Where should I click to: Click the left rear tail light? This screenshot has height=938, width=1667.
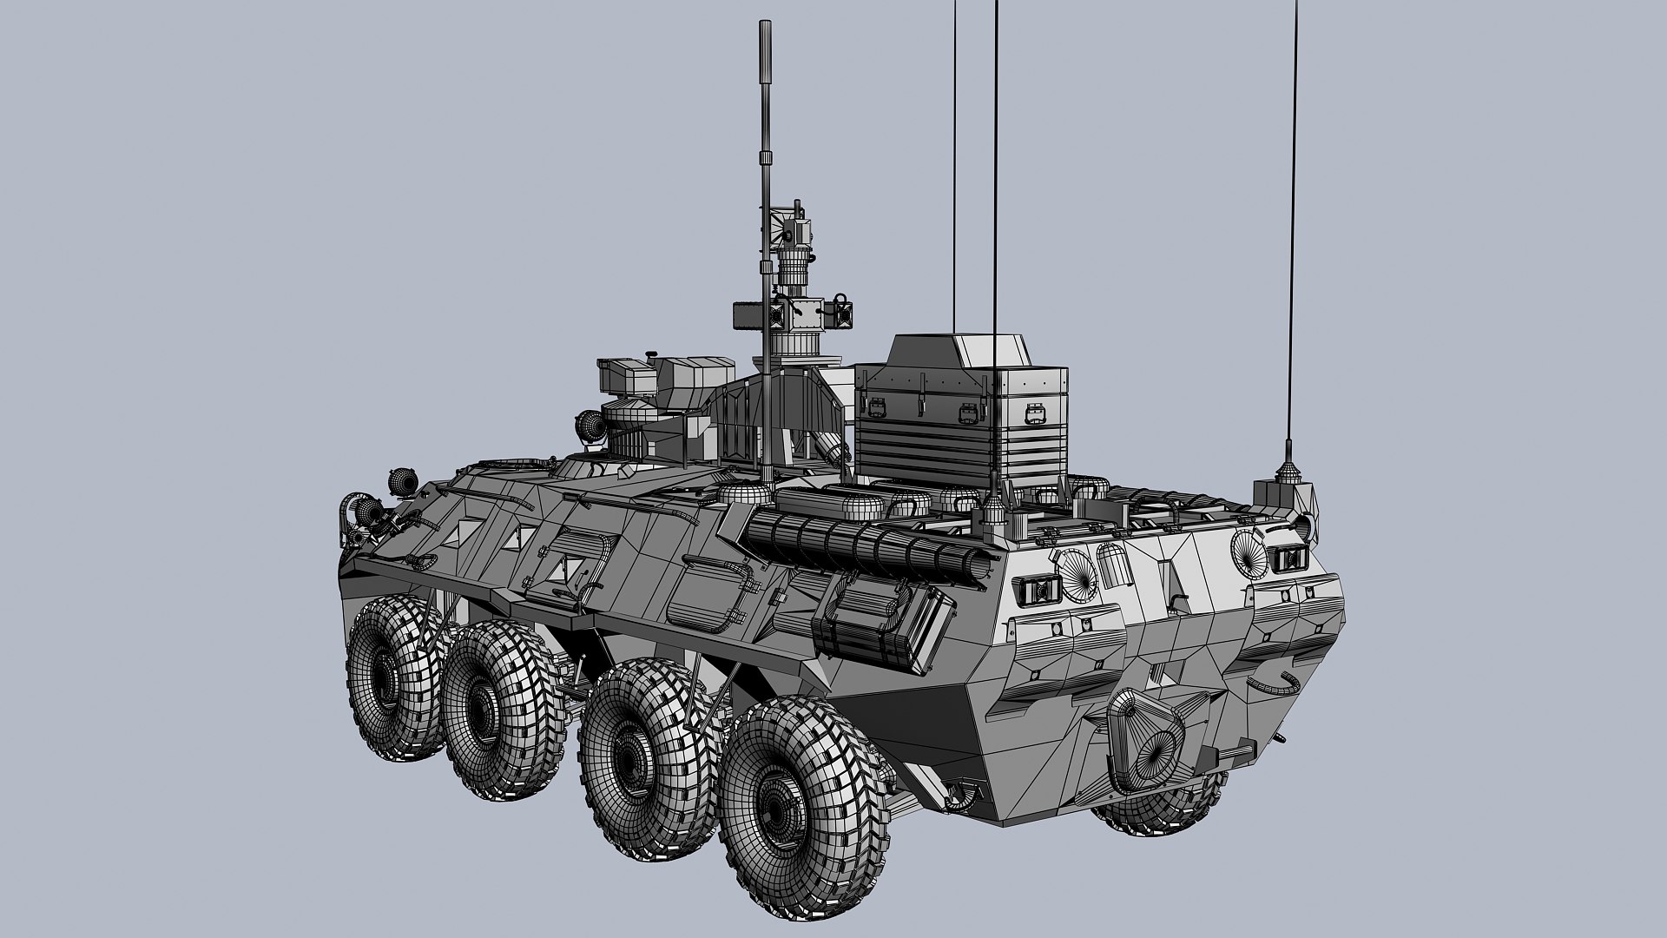[x=1038, y=591]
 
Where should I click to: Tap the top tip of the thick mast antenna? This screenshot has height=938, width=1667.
[x=765, y=30]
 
